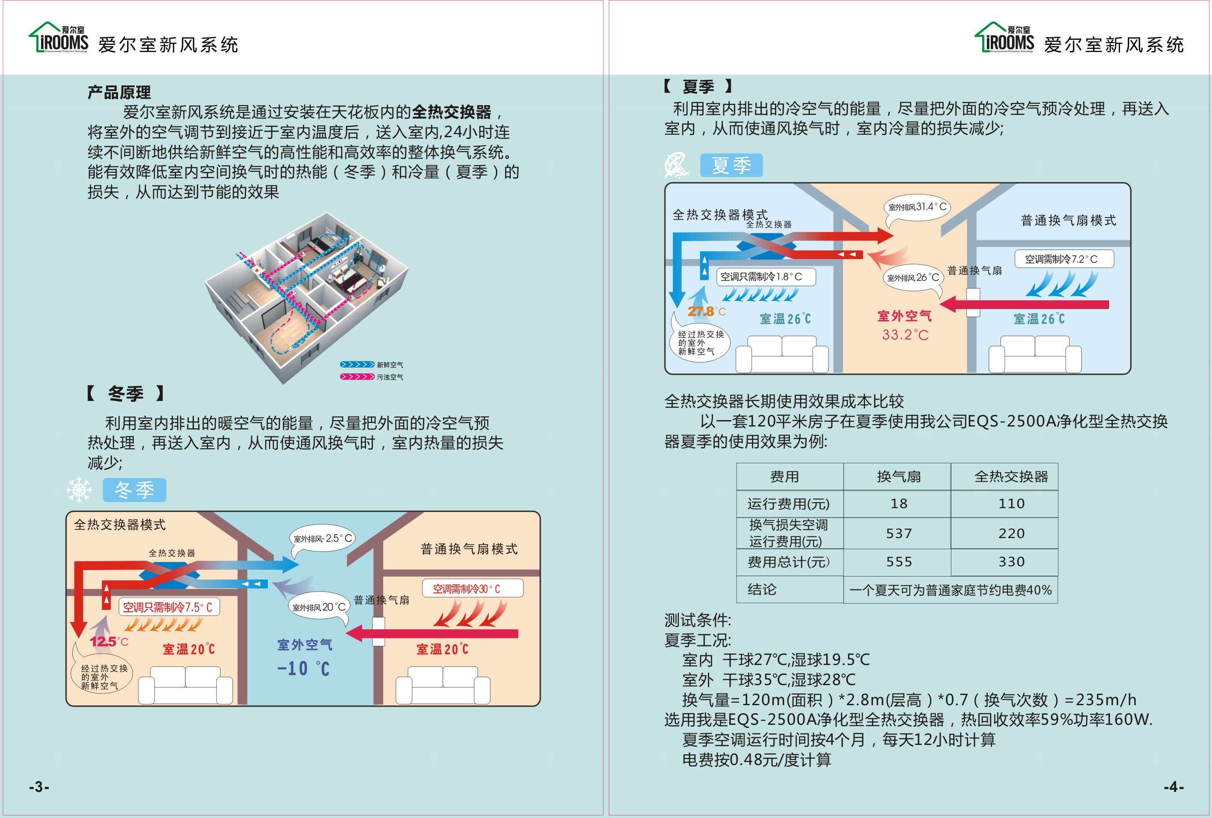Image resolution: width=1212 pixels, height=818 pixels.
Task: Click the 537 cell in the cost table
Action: [898, 533]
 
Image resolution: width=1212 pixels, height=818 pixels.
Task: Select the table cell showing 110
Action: [1011, 503]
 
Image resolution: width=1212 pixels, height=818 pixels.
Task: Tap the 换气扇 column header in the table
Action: [898, 476]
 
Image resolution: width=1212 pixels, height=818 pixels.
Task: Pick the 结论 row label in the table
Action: [762, 589]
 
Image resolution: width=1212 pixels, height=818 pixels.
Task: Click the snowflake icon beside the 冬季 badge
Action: [79, 490]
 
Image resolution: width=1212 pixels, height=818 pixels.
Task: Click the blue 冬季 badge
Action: [135, 490]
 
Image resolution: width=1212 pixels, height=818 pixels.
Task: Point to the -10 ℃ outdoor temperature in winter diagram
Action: [303, 668]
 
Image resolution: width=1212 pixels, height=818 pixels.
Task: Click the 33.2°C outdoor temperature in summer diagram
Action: [905, 335]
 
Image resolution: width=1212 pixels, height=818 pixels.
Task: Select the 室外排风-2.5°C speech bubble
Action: [322, 538]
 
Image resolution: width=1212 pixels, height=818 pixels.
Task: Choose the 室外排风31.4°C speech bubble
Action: [917, 207]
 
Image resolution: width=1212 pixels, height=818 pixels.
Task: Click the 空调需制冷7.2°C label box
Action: [1063, 259]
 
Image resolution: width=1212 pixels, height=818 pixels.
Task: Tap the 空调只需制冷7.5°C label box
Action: [168, 607]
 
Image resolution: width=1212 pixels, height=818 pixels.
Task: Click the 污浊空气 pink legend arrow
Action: [357, 377]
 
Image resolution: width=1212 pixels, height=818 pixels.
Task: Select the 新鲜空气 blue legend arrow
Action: [357, 365]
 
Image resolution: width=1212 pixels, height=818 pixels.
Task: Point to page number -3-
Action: [39, 787]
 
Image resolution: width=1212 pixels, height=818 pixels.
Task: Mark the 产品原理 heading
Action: [119, 92]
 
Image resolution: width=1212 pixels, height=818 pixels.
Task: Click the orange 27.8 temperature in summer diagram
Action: [700, 312]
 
